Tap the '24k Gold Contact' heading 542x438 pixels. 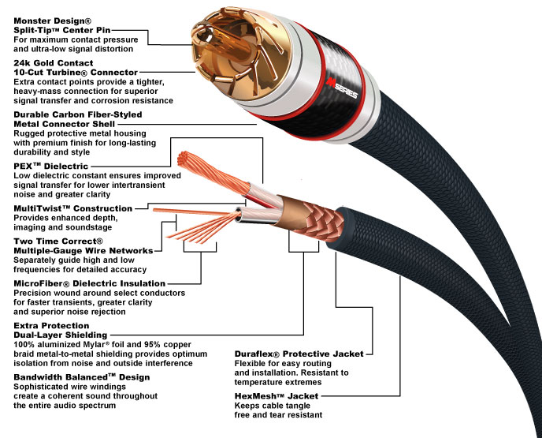[54, 62]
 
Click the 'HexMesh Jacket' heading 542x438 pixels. [272, 395]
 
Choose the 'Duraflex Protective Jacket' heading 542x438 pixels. [295, 354]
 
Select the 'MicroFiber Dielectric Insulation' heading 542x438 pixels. [90, 282]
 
